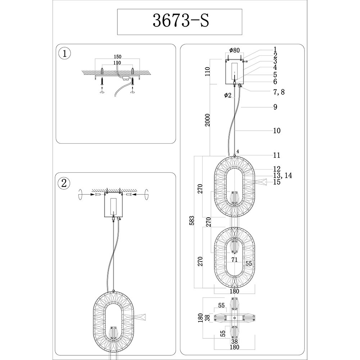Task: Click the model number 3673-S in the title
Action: coord(181,21)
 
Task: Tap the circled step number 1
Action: coord(64,54)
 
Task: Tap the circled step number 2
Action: coord(64,183)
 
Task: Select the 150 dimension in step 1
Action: coord(117,57)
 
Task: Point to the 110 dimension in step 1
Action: coord(117,63)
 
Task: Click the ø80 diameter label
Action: coord(234,50)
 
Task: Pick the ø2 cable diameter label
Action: coord(228,95)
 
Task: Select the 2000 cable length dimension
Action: coord(208,120)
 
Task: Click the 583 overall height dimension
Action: coord(192,220)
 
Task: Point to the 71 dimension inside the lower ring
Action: coord(234,260)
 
